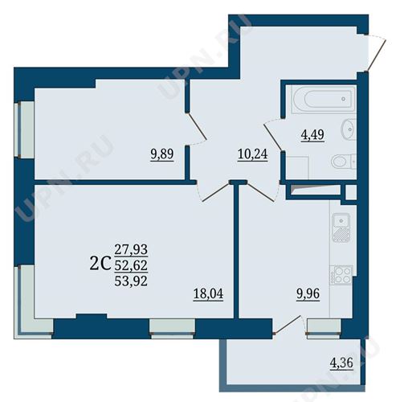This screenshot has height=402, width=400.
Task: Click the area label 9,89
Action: (162, 154)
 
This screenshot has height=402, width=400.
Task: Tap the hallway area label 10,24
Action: (252, 154)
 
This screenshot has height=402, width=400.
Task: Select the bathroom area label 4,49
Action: (312, 134)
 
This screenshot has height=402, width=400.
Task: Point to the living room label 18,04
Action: (208, 293)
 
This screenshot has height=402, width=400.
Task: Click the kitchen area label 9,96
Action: (308, 293)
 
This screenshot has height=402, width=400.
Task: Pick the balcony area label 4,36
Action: (341, 363)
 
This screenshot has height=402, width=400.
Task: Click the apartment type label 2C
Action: (100, 264)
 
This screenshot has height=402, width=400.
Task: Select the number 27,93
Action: (131, 249)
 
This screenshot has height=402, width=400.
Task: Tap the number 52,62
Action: (131, 265)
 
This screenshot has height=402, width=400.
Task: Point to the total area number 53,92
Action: (131, 281)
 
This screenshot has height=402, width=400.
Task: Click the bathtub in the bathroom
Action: (324, 99)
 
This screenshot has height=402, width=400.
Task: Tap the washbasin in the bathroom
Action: (349, 129)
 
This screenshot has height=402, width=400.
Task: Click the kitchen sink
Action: (341, 227)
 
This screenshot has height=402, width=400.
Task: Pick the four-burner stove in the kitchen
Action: (341, 275)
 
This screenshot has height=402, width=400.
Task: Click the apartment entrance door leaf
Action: (375, 56)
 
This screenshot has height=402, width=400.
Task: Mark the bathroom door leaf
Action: (273, 137)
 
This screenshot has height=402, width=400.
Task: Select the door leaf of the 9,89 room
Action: (197, 126)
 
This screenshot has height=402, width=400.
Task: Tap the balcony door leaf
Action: (288, 325)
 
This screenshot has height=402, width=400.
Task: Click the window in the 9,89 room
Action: (23, 129)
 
